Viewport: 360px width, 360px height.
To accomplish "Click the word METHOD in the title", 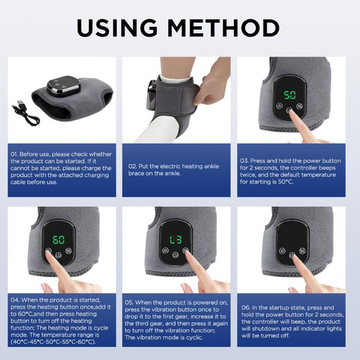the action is [223, 28].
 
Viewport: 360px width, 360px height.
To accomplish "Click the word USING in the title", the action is [117, 28].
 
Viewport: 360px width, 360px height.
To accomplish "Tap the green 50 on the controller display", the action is [290, 95].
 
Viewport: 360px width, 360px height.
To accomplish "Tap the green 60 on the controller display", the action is [59, 240].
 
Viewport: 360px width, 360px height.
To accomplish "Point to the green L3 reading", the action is [176, 240].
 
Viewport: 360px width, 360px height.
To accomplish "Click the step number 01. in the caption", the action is [14, 154].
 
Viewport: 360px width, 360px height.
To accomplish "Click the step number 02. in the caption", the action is [132, 167].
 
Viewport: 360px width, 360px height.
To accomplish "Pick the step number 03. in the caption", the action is [244, 161].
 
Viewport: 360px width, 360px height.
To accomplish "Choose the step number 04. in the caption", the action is [15, 300].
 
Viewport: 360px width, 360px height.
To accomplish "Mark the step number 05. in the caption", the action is [129, 302].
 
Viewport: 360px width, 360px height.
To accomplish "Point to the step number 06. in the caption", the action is [246, 308].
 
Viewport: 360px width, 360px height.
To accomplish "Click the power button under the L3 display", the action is [175, 255].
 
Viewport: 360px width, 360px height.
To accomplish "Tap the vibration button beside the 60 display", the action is [69, 251].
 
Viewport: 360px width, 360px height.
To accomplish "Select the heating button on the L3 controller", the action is [165, 251].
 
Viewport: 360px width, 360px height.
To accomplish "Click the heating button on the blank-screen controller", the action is [282, 251].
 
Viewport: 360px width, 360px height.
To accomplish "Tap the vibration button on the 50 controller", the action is [300, 106].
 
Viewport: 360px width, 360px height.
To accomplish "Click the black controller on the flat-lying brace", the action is [63, 86].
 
